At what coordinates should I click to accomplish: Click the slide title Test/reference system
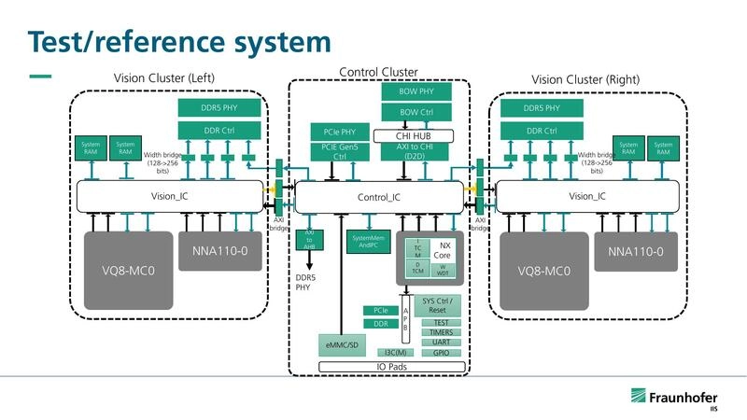coord(178,42)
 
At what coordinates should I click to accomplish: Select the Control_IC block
coord(378,197)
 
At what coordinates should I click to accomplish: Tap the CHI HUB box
coord(414,135)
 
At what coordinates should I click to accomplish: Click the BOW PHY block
coord(417,91)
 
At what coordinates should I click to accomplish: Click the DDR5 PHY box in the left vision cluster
coord(219,108)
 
